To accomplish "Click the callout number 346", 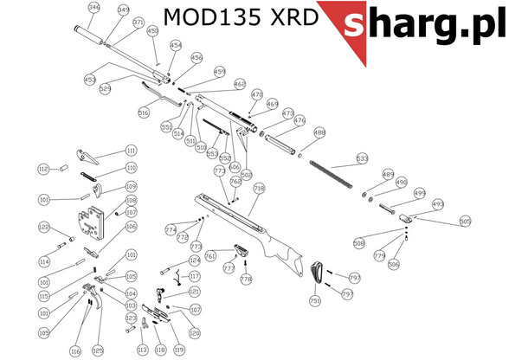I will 94,8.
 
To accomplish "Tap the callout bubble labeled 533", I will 362,158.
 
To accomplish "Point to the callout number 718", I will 258,188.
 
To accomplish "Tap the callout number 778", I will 246,280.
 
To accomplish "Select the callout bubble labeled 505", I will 465,221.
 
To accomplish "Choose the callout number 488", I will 319,132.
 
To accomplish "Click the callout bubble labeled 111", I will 132,150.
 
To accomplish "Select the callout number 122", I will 43,227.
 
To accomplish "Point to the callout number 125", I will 98,350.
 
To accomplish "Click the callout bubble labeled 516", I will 144,112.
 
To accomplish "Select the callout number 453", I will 89,79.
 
